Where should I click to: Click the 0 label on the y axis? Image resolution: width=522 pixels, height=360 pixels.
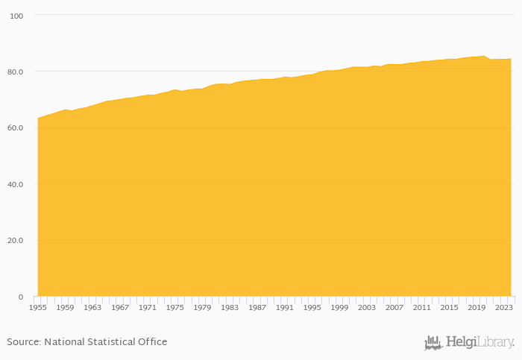click(21, 297)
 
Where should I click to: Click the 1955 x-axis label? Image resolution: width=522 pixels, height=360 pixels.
click(37, 307)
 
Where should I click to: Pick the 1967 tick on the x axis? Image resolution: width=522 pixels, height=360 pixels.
click(120, 307)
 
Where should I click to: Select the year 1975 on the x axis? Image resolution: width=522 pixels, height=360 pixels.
click(174, 307)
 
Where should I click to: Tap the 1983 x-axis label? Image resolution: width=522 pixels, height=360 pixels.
click(230, 307)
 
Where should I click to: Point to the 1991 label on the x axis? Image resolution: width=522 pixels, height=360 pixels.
click(284, 307)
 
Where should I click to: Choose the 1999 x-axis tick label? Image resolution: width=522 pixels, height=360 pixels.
click(339, 307)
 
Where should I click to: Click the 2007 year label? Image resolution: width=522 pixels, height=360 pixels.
click(394, 307)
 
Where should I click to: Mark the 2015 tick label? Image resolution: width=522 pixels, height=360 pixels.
click(449, 307)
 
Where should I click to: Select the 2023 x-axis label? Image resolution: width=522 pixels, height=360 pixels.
click(504, 307)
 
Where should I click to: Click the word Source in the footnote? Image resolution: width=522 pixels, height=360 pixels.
click(24, 342)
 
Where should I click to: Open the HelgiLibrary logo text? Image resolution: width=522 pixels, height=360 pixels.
click(480, 343)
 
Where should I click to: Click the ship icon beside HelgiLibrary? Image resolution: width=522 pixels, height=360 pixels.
click(433, 343)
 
